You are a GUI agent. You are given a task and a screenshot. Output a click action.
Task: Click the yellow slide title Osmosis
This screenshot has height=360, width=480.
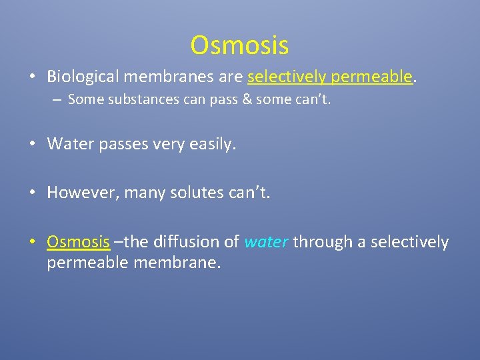tap(239, 45)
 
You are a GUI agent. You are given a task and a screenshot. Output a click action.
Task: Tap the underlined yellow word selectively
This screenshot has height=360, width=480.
tap(286, 77)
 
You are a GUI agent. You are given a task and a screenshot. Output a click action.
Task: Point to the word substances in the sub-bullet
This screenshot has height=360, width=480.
tap(141, 100)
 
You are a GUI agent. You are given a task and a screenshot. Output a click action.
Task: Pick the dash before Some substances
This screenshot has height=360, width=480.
tap(59, 100)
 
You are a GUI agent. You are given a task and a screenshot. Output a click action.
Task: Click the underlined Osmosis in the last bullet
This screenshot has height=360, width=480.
tap(78, 242)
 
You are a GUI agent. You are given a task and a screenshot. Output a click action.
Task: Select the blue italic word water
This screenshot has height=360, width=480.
tap(266, 242)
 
